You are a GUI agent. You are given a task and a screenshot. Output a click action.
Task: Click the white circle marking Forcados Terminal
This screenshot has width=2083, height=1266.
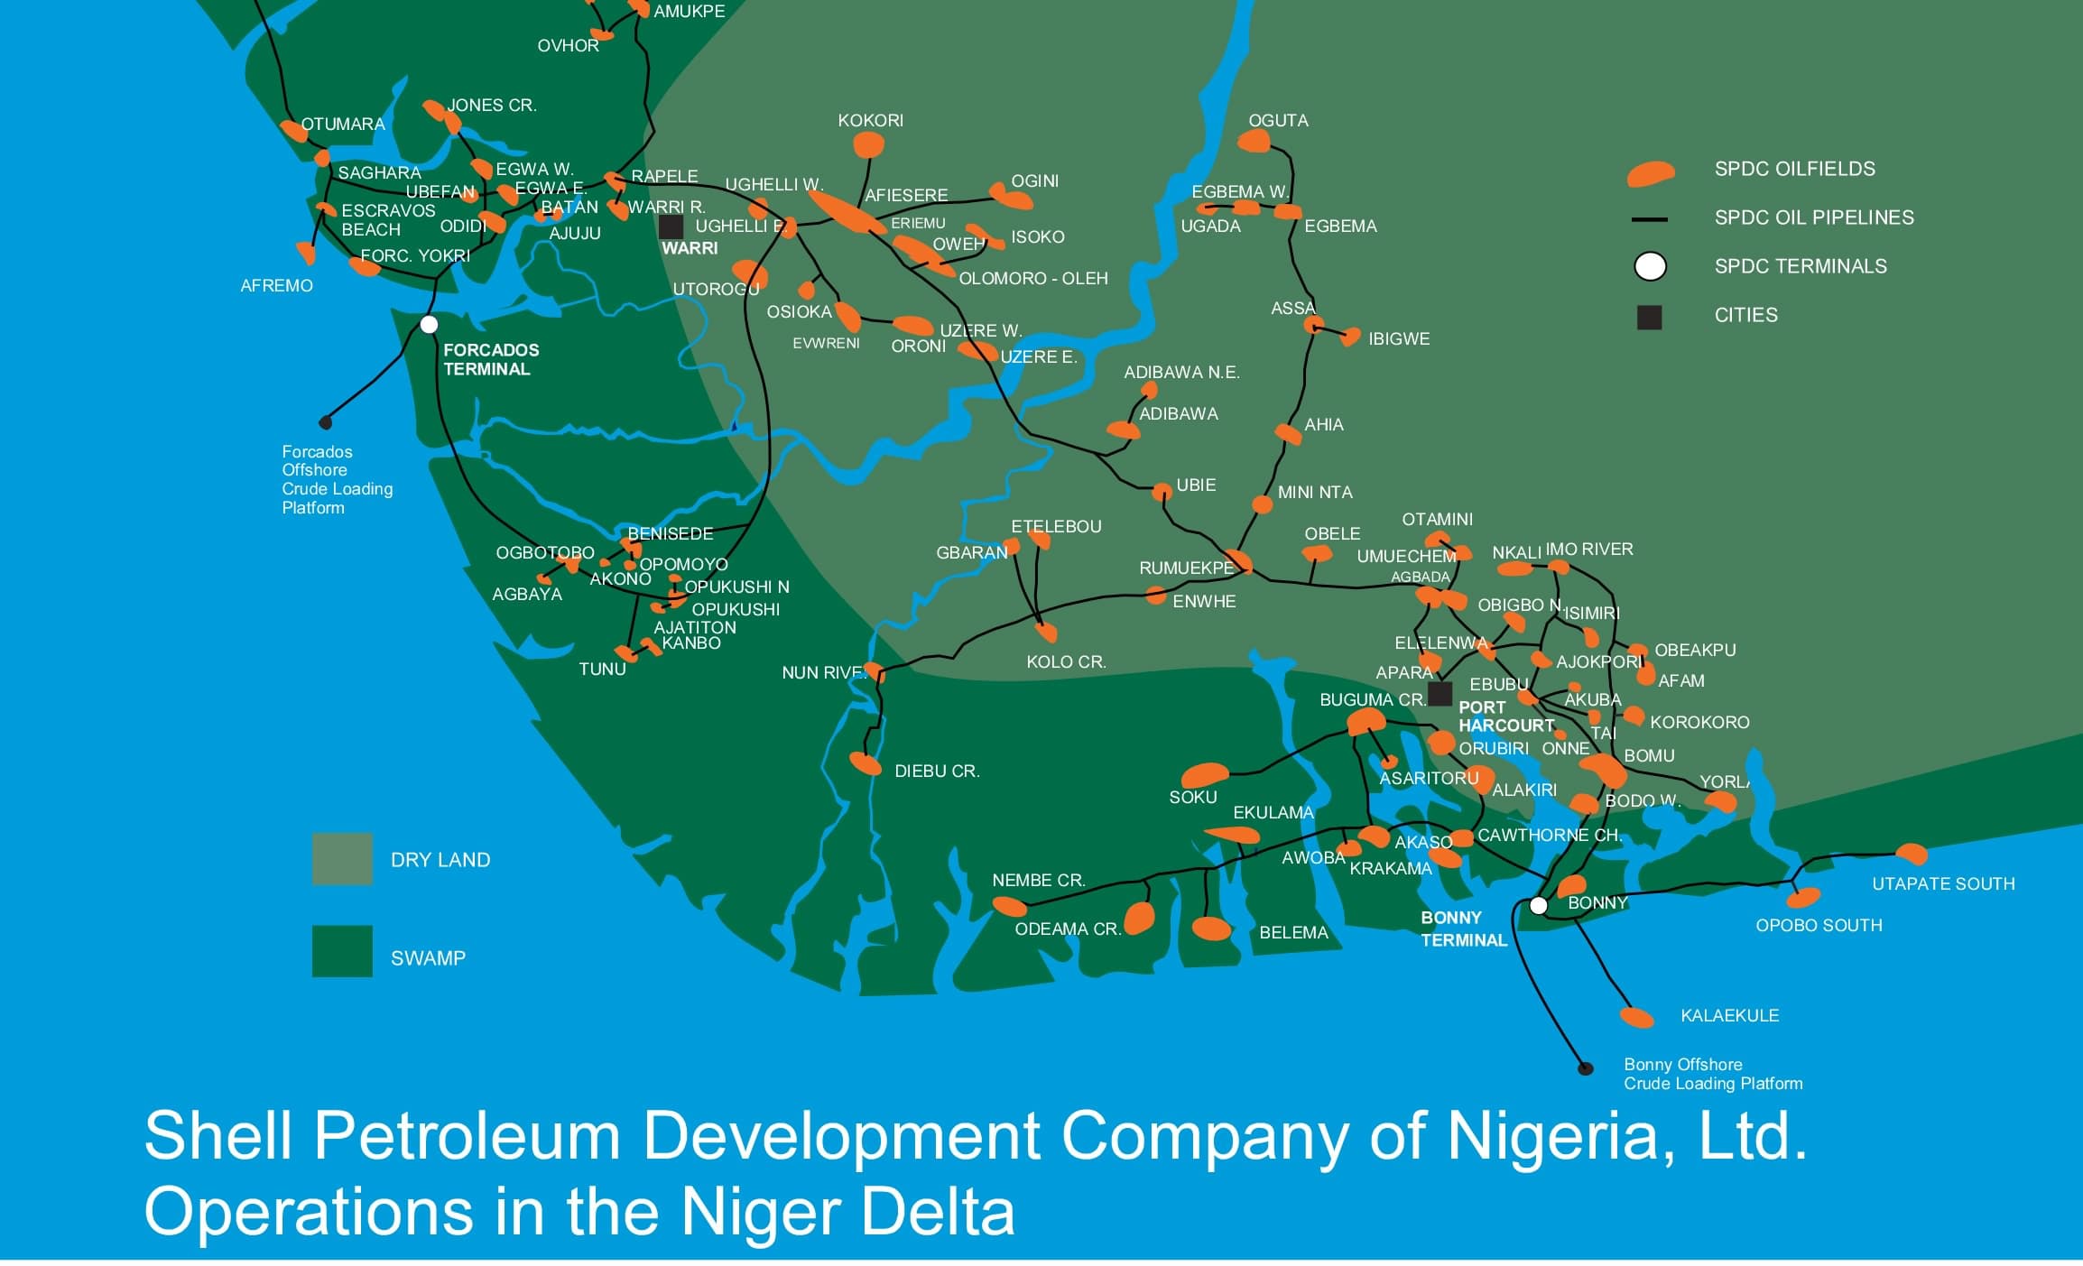pyautogui.click(x=430, y=324)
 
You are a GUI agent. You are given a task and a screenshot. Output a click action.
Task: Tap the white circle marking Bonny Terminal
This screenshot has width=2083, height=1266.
pyautogui.click(x=1539, y=905)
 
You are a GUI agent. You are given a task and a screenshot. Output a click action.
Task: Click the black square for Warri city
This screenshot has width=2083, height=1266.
pyautogui.click(x=671, y=226)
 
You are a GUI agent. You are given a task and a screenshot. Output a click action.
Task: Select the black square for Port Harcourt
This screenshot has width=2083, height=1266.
pyautogui.click(x=1440, y=694)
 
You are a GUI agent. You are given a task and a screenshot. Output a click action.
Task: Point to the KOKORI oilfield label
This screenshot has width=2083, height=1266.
pyautogui.click(x=870, y=121)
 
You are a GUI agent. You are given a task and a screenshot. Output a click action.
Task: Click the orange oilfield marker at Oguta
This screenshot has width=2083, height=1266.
pyautogui.click(x=1254, y=141)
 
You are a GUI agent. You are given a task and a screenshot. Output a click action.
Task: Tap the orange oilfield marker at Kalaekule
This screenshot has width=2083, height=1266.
pyautogui.click(x=1636, y=1018)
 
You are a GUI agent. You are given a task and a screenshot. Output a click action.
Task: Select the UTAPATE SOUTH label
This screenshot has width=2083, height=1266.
pyautogui.click(x=1943, y=884)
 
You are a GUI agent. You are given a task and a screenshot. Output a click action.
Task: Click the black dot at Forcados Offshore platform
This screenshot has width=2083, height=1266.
pyautogui.click(x=326, y=422)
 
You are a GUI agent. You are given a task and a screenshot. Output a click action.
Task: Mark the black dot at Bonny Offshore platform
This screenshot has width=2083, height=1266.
pyautogui.click(x=1585, y=1068)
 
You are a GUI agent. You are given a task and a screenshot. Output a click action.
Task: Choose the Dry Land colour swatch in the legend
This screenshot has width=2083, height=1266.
pyautogui.click(x=342, y=859)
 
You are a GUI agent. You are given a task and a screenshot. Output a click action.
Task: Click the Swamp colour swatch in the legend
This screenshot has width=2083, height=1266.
pyautogui.click(x=342, y=951)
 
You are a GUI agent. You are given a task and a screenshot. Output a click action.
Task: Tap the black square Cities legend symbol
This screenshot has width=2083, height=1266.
pyautogui.click(x=1649, y=318)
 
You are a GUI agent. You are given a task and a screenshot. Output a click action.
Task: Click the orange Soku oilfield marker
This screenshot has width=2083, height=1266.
pyautogui.click(x=1205, y=774)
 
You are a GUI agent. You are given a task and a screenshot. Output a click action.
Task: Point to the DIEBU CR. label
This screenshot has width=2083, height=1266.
pyautogui.click(x=937, y=772)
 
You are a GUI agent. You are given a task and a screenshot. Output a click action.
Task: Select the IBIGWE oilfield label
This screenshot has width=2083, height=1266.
pyautogui.click(x=1399, y=339)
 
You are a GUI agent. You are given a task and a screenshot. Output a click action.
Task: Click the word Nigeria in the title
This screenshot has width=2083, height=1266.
pyautogui.click(x=1553, y=1137)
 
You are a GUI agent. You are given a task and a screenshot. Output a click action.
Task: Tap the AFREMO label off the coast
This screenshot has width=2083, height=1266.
pyautogui.click(x=276, y=286)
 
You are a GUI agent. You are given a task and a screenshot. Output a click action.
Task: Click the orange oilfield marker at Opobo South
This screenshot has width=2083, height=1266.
pyautogui.click(x=1803, y=897)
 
